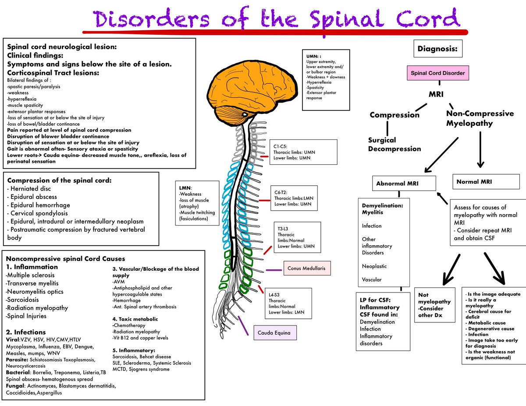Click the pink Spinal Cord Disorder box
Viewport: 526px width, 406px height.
[x=437, y=73]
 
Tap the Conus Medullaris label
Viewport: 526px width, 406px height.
[x=307, y=268]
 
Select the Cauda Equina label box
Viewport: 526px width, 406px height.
[x=275, y=333]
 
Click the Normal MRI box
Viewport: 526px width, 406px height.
[x=486, y=182]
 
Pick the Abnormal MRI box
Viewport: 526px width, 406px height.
[x=404, y=184]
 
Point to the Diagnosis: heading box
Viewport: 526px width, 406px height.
[x=438, y=49]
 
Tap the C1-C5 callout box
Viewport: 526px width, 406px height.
[x=303, y=152]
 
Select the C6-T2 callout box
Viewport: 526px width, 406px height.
[x=294, y=198]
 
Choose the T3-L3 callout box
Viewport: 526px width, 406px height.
[x=297, y=237]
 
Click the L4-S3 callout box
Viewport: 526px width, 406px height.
[x=288, y=304]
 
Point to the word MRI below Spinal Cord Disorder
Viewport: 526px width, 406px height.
[x=436, y=94]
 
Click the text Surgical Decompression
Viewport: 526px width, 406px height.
[x=394, y=145]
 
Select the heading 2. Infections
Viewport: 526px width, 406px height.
[x=26, y=332]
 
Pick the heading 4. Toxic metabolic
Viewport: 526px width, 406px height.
[x=135, y=319]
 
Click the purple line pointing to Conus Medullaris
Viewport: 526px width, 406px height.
[x=274, y=270]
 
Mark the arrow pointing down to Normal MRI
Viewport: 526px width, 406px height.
[x=480, y=149]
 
